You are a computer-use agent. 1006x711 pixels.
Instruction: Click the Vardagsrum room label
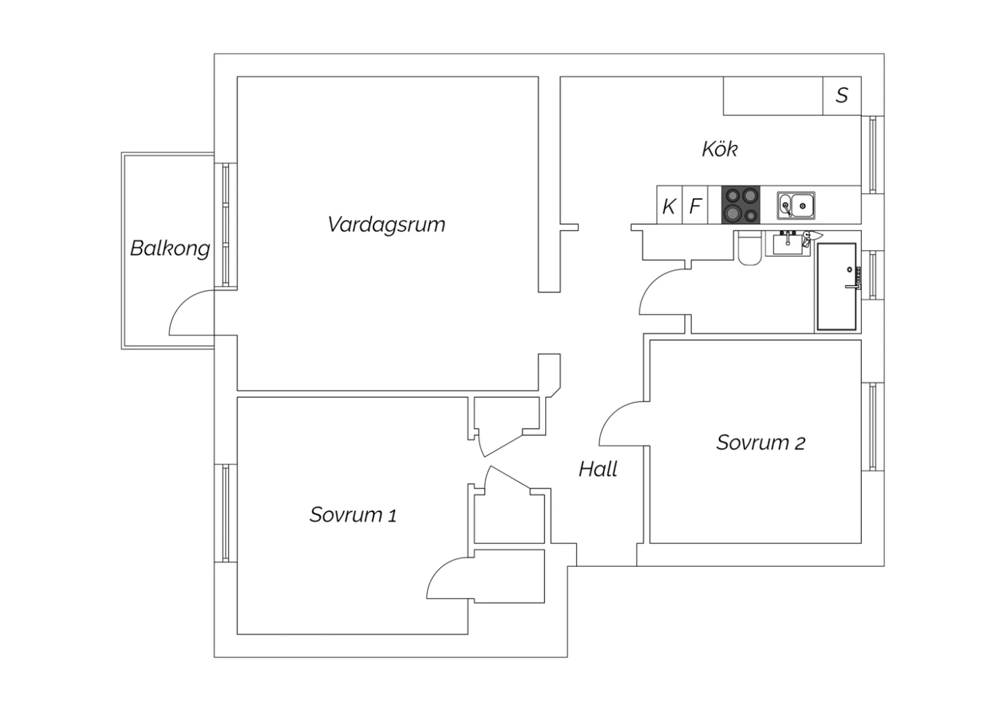click(x=386, y=225)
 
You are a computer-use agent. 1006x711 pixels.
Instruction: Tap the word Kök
click(x=720, y=149)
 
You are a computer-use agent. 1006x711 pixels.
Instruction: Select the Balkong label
click(x=170, y=249)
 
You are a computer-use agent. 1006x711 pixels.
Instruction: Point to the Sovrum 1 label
click(x=353, y=514)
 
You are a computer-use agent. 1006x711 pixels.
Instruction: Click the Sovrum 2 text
click(x=761, y=443)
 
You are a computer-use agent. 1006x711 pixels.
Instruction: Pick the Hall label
click(x=598, y=470)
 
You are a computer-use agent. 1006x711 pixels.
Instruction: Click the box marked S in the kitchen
click(x=842, y=96)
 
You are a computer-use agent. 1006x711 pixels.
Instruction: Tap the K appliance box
click(x=669, y=205)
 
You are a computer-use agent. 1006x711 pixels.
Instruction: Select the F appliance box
click(x=695, y=205)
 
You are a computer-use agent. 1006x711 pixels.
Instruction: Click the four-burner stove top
click(x=741, y=205)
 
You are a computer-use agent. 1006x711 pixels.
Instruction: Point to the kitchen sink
click(x=796, y=206)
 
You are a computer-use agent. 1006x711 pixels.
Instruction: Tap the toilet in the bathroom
click(x=750, y=248)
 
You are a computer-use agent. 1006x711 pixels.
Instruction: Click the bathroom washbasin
click(x=788, y=243)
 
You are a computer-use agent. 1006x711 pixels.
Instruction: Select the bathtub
click(x=837, y=287)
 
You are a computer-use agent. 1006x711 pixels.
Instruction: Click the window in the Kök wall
click(x=873, y=154)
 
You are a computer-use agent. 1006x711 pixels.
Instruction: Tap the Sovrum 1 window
click(x=225, y=513)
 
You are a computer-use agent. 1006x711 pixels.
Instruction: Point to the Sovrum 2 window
click(x=873, y=427)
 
